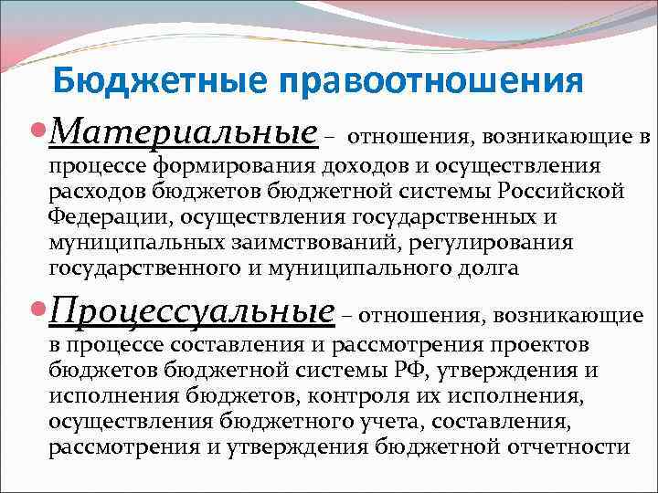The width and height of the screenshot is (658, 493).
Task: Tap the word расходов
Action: pos(96,193)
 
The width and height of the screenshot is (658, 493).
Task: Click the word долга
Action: pos(490,269)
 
